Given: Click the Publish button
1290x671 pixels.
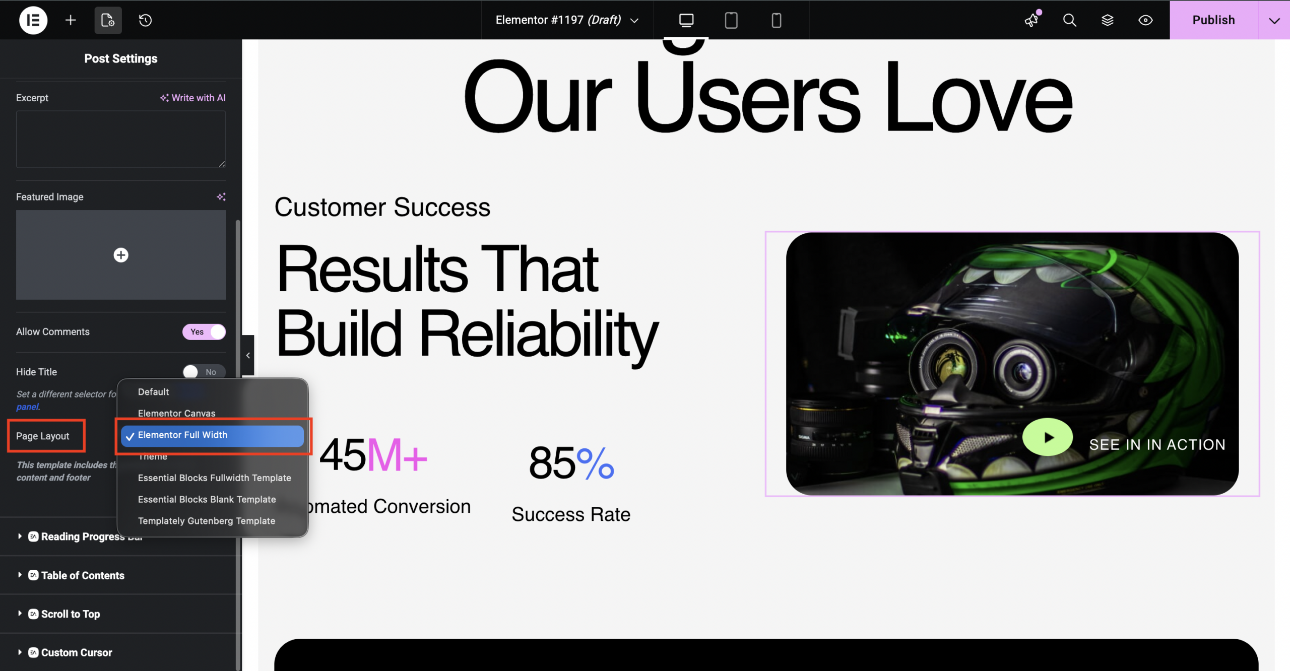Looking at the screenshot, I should pos(1213,20).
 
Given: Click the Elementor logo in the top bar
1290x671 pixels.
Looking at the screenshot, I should pos(33,20).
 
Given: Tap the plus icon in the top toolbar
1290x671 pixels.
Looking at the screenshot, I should pos(71,20).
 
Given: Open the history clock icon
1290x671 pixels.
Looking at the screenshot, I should pos(145,20).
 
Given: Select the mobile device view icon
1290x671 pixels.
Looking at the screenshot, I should pos(776,20).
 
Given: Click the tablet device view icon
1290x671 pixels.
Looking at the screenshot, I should pos(731,20).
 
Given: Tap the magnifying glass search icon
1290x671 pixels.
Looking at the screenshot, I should pos(1069,20).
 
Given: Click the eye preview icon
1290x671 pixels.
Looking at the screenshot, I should pos(1145,20).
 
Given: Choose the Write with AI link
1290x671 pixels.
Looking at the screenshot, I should pos(193,98).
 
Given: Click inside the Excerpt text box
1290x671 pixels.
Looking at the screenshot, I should pos(121,139).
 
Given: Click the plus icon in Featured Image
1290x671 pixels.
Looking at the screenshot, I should pos(121,255).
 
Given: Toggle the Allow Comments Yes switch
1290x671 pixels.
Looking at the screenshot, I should pos(204,332).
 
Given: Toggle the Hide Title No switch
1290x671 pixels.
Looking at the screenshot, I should pos(204,372).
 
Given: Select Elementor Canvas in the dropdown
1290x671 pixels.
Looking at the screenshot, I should pos(176,413).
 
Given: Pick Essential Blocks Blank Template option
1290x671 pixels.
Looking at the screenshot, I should pos(207,499).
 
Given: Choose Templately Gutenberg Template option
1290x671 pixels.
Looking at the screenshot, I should pos(207,521).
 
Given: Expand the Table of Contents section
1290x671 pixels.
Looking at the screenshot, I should pos(83,575).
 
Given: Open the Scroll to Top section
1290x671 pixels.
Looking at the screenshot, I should pos(71,614).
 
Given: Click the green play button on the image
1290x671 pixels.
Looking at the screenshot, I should pos(1047,437).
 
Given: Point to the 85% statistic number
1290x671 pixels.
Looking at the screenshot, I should pos(571,462).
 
